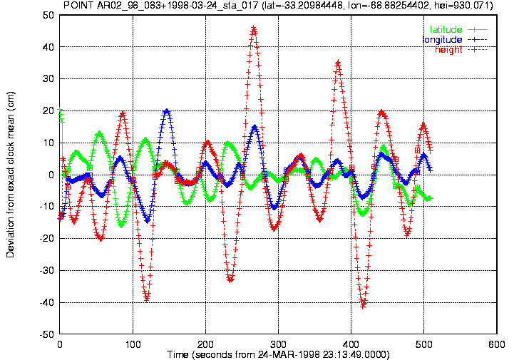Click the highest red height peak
(x=253, y=29)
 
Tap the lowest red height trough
(x=363, y=306)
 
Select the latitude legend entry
(x=458, y=29)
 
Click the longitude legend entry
(x=455, y=40)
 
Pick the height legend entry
(x=461, y=50)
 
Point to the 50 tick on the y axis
(x=48, y=15)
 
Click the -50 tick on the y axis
(x=46, y=334)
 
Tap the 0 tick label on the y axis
(x=51, y=175)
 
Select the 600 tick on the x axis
(x=497, y=344)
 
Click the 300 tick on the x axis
(x=278, y=344)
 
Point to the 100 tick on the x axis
(x=133, y=344)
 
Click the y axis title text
(x=10, y=175)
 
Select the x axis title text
(x=278, y=355)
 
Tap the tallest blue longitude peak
(x=167, y=111)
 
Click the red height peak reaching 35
(x=338, y=63)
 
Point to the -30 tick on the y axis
(x=46, y=270)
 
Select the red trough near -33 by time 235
(x=230, y=279)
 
